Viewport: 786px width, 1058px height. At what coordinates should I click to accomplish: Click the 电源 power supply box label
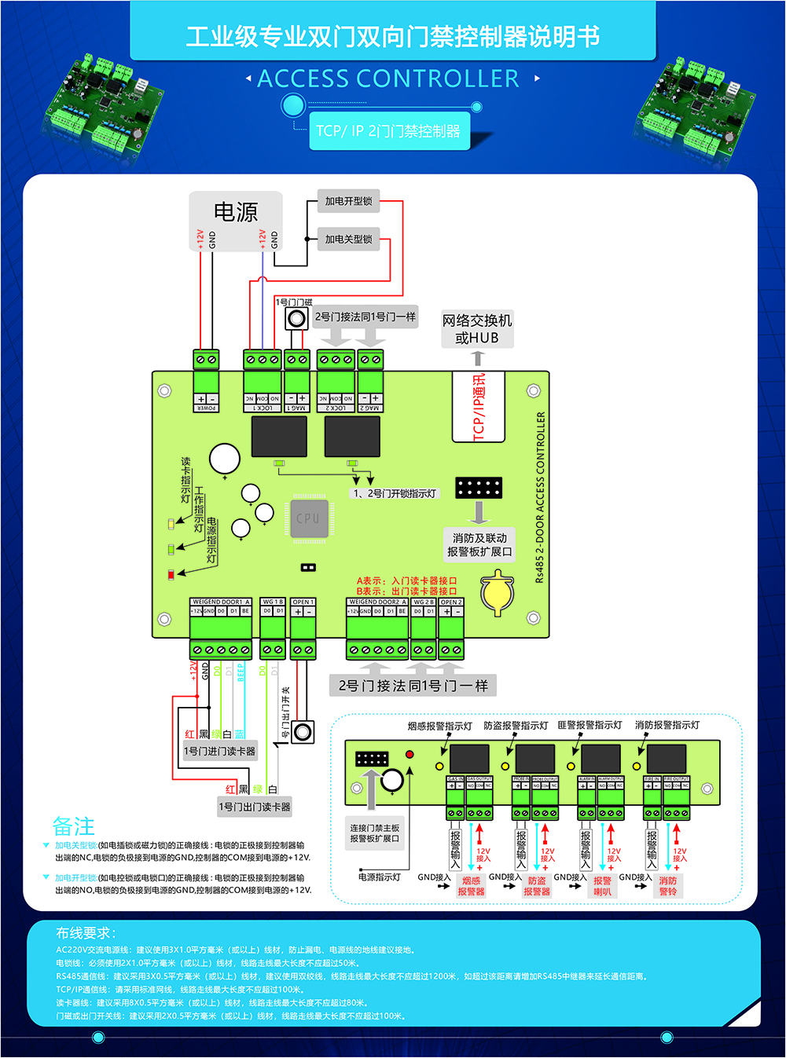tap(236, 212)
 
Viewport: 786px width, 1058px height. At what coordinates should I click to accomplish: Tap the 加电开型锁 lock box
tap(348, 201)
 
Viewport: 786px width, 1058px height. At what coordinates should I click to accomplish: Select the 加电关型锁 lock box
tap(348, 240)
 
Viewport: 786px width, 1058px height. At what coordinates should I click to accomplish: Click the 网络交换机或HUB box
tap(477, 329)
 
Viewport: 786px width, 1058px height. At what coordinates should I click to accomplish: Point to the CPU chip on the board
tap(308, 518)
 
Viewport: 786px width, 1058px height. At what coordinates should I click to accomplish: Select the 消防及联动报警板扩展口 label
tap(479, 544)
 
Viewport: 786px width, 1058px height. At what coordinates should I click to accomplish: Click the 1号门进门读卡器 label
tap(219, 751)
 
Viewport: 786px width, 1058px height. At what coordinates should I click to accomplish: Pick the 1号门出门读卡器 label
tap(255, 807)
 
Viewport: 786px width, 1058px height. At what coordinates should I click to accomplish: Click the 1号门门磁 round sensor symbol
tap(296, 318)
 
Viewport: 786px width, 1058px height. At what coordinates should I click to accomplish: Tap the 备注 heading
tap(73, 826)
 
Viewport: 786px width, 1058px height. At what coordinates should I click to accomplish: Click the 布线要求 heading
tap(86, 933)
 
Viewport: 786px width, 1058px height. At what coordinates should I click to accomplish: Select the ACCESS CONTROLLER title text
tap(388, 79)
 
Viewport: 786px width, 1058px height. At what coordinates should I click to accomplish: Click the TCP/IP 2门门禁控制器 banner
tap(388, 131)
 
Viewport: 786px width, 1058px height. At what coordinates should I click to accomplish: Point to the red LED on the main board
tap(171, 575)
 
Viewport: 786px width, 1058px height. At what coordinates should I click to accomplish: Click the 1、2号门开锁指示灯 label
tap(394, 493)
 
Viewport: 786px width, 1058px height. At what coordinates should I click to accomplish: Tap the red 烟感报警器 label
tap(472, 886)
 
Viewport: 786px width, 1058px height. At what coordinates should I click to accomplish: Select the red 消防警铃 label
tap(668, 886)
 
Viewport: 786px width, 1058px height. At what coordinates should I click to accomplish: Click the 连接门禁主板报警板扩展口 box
tap(375, 833)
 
